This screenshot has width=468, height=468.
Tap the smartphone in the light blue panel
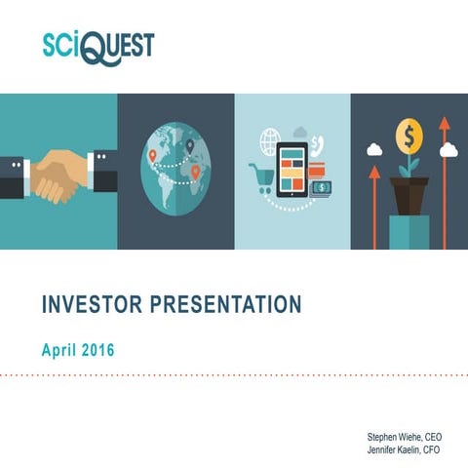point(292,174)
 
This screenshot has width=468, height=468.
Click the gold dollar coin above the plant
point(409,135)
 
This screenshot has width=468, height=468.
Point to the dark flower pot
point(409,194)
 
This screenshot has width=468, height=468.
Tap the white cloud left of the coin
point(374,150)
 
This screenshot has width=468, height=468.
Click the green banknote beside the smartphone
point(323,187)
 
